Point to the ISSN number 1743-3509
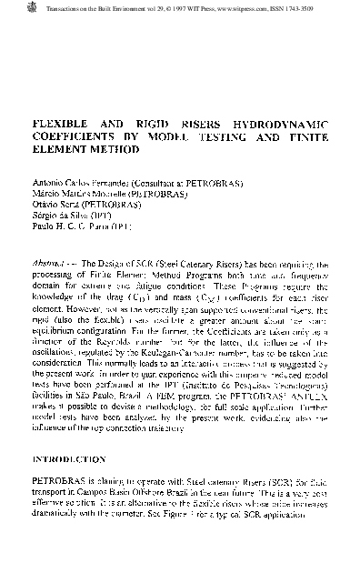pos(303,8)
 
